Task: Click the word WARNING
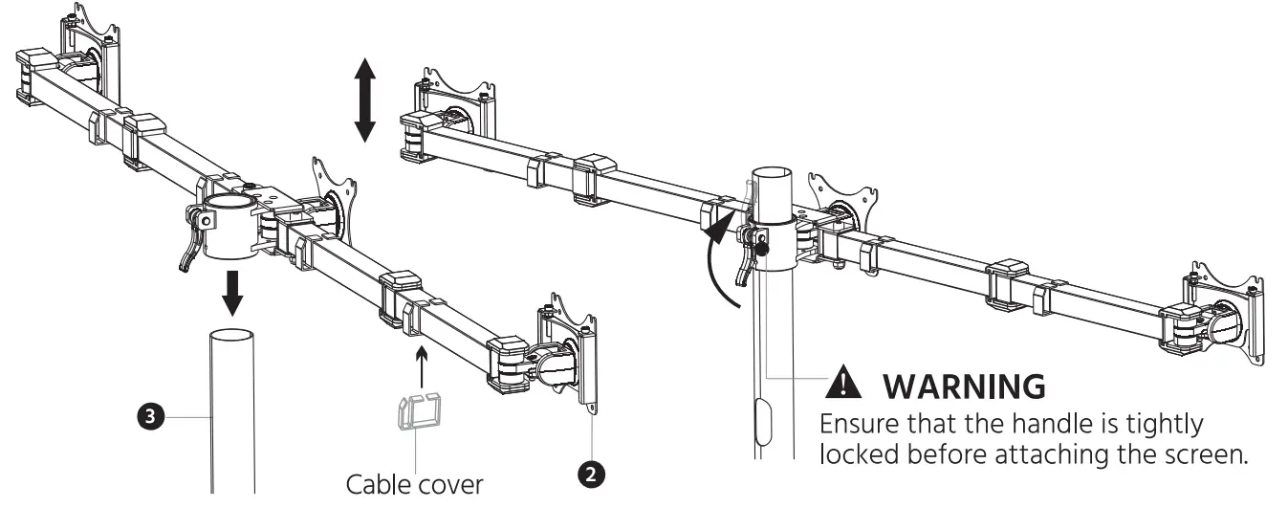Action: (963, 387)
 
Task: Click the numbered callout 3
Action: (150, 416)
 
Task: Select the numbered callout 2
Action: (593, 474)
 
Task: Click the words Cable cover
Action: (415, 484)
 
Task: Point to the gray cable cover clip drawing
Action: (418, 413)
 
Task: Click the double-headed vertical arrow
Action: (364, 99)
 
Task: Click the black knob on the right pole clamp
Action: (762, 250)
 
